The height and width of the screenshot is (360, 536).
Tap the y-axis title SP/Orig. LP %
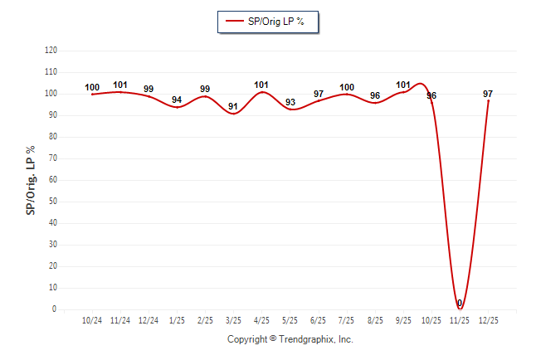point(31,179)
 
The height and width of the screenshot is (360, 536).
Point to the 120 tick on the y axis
point(51,51)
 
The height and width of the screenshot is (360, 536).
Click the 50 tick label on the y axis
point(53,202)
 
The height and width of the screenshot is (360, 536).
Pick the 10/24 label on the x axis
point(92,320)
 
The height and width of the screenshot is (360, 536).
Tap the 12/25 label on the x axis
point(488,320)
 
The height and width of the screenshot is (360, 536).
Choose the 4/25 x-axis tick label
point(261,320)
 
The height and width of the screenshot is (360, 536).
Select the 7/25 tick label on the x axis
point(347,320)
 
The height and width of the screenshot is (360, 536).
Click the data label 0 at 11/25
point(460,303)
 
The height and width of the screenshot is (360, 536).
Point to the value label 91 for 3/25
point(233,106)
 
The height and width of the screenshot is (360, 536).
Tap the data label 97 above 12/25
point(488,94)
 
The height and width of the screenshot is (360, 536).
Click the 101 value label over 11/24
point(120,85)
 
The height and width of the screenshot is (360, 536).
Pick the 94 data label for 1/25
point(177,100)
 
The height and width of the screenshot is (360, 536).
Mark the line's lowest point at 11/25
point(460,309)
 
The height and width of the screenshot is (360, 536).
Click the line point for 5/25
point(290,109)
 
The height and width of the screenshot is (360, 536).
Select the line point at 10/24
point(92,94)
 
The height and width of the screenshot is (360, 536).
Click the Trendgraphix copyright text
point(290,339)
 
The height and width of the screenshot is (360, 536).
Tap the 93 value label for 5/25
point(290,102)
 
